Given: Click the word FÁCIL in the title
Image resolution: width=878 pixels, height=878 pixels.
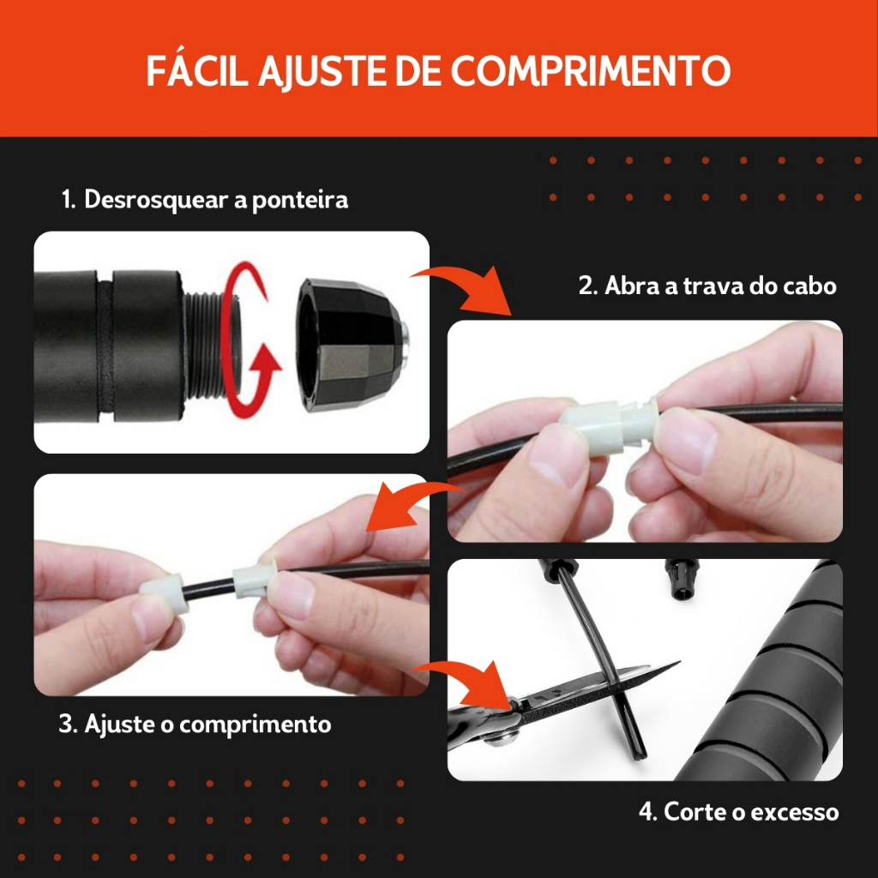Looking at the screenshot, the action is pos(197,70).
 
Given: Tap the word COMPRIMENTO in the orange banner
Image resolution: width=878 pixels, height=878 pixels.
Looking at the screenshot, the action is pos(591,71).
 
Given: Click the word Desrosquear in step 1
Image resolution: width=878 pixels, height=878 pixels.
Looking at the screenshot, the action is pos(156,200).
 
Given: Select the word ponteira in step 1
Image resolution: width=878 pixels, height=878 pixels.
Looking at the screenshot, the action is pos(300,201).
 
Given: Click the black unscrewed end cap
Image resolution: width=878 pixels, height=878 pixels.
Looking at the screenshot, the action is pos(352,346).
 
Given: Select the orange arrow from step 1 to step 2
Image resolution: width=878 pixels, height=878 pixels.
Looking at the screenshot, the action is pos(462,288).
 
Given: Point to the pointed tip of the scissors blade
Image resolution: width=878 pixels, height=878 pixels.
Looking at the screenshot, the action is pos(679,663).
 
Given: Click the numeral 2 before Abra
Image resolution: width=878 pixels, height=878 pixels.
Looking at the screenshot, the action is pos(586,286).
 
